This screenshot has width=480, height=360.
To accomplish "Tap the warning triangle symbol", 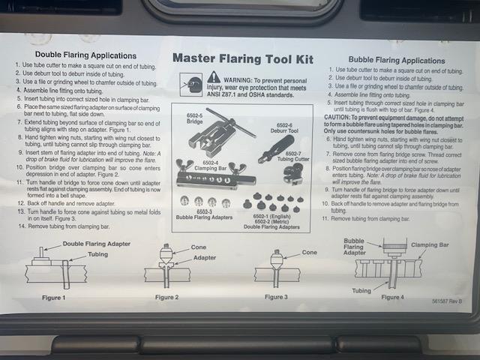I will [x=214, y=76].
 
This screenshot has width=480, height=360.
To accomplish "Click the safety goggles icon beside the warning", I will [x=191, y=83].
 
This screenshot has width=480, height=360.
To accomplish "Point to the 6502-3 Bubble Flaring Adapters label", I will [x=202, y=215].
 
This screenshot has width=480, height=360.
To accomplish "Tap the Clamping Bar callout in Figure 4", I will [x=431, y=244].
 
